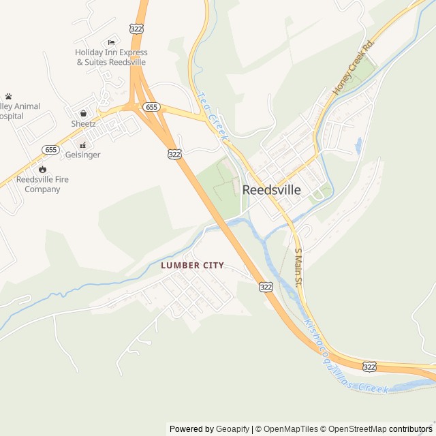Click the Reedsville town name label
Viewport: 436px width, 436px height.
(271, 190)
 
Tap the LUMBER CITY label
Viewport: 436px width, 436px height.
(192, 265)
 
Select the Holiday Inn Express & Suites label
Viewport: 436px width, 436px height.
(111, 57)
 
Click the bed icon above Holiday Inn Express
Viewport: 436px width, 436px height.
(111, 42)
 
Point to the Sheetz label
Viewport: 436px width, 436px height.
(83, 123)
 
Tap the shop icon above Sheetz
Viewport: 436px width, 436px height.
(83, 113)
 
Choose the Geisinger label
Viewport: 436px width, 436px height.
(82, 155)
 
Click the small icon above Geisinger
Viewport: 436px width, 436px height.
(82, 144)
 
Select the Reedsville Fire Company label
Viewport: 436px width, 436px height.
(42, 184)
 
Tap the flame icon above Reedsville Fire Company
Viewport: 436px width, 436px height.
(42, 169)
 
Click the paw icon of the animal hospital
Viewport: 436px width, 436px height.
(8, 96)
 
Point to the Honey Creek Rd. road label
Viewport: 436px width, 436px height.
(354, 67)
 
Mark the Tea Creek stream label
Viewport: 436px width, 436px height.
(211, 116)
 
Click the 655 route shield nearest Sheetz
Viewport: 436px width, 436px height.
(151, 107)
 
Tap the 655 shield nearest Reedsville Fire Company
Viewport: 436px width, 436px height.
(50, 149)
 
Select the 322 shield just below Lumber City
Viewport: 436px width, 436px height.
(266, 287)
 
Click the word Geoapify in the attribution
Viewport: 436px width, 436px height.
(232, 429)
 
